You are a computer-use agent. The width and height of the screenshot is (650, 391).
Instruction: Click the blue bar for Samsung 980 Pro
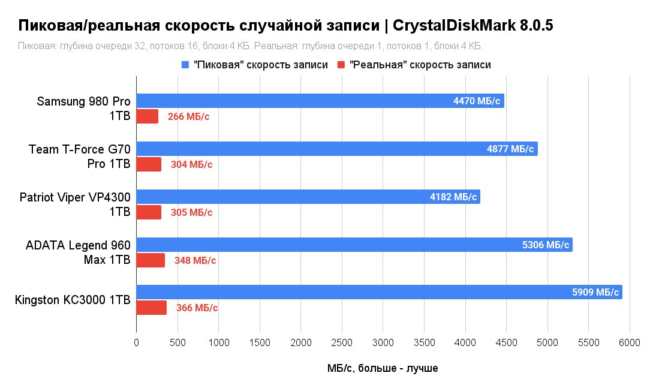pyautogui.click(x=320, y=101)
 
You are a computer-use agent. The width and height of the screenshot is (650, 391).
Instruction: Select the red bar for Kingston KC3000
pyautogui.click(x=151, y=308)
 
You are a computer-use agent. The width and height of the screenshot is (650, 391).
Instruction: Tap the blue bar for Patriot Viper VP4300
pyautogui.click(x=308, y=197)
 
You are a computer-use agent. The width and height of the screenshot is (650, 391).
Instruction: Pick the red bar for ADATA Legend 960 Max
pyautogui.click(x=151, y=260)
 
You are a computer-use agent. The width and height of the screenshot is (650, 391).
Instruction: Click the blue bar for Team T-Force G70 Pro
pyautogui.click(x=337, y=149)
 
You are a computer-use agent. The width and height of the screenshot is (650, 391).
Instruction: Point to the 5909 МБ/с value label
pyautogui.click(x=595, y=292)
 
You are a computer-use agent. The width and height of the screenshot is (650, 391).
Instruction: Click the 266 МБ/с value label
pyautogui.click(x=189, y=116)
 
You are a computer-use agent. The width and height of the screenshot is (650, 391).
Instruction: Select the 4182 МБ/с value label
pyautogui.click(x=453, y=197)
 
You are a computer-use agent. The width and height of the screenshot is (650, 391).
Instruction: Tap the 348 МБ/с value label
pyautogui.click(x=195, y=260)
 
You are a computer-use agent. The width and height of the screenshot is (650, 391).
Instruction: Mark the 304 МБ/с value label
pyautogui.click(x=191, y=164)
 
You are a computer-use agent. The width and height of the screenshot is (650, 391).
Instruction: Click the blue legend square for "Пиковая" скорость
pyautogui.click(x=185, y=65)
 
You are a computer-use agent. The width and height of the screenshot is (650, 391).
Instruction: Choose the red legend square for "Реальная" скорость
pyautogui.click(x=341, y=65)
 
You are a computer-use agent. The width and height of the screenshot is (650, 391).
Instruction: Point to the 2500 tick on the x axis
pyautogui.click(x=342, y=343)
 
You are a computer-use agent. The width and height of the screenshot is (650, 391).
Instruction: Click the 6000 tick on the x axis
pyautogui.click(x=630, y=343)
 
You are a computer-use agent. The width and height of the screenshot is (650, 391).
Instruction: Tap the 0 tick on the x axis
pyautogui.click(x=136, y=343)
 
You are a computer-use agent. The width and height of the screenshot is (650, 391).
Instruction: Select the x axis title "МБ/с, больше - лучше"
pyautogui.click(x=382, y=368)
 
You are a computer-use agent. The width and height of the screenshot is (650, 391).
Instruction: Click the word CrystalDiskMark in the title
pyautogui.click(x=453, y=26)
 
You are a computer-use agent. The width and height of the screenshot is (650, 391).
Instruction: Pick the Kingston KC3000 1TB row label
pyautogui.click(x=73, y=300)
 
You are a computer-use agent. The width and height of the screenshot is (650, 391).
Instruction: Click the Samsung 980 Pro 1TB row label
pyautogui.click(x=83, y=108)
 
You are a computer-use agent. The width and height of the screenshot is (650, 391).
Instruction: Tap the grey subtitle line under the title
pyautogui.click(x=249, y=46)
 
